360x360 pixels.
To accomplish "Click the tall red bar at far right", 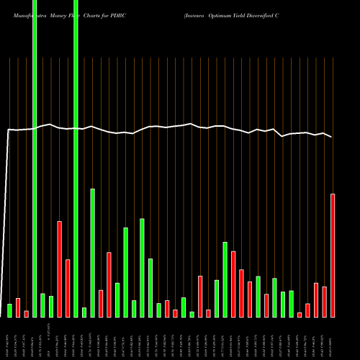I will click(x=333, y=255).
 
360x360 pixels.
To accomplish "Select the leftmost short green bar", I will click(x=9, y=310).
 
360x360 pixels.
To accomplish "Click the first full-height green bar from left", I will click(x=35, y=158).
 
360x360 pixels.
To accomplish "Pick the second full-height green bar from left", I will click(x=76, y=158).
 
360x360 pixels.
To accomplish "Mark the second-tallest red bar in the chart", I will click(x=60, y=269).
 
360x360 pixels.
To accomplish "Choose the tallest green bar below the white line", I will click(x=93, y=252).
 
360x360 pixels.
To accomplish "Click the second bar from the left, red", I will click(x=18, y=307).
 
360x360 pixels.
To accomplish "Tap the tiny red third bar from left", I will click(x=26, y=313).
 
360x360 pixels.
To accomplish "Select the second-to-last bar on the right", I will click(x=325, y=302).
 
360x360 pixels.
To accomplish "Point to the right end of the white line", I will click(x=332, y=137).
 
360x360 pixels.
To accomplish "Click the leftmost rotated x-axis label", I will click(x=9, y=338).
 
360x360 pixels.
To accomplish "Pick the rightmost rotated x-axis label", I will click(x=333, y=338).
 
